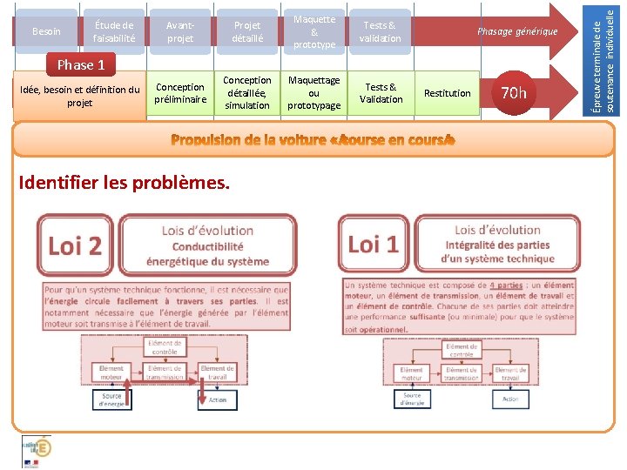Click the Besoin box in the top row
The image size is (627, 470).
coord(46,32)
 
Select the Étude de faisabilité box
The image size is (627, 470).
coord(114,32)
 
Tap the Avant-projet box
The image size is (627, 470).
coord(180,32)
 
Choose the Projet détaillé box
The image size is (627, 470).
coord(247,32)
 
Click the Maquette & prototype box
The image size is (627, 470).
coord(314,31)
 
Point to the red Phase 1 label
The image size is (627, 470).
coord(81,64)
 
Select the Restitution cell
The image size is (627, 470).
coord(447,93)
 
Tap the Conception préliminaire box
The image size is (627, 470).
coord(180,93)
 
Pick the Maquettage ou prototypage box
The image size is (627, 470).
coord(314,92)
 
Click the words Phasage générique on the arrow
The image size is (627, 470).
coord(516,32)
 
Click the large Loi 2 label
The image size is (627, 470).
coord(76,245)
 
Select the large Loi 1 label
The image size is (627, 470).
coord(373,245)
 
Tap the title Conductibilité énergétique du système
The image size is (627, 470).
coord(207,253)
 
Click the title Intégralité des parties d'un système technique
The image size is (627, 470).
coord(497,252)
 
